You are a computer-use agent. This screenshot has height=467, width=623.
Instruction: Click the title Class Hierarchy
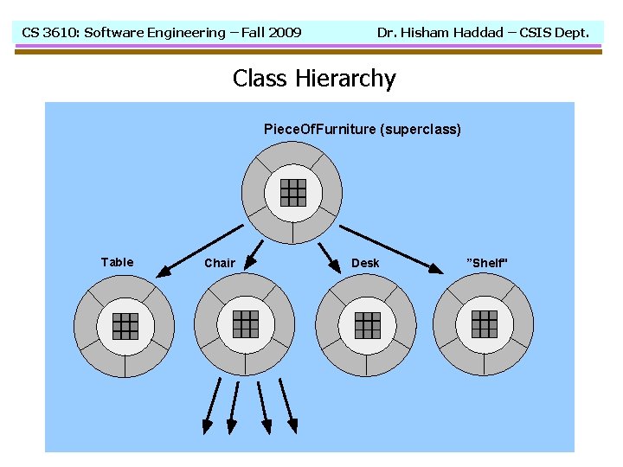314,79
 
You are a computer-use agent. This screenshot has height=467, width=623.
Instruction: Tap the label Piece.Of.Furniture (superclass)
362,130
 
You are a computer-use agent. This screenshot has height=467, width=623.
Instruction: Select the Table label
117,262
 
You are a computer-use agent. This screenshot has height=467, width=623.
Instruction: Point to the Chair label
220,263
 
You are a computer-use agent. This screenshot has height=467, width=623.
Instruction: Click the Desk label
365,263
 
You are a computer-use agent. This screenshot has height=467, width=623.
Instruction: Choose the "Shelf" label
487,263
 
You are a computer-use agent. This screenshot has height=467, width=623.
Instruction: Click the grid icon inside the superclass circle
292,191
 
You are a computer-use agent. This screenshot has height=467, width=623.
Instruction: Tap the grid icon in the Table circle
125,325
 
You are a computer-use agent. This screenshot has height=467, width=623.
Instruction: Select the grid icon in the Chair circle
246,323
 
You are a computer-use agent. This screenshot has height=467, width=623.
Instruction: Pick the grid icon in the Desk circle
368,325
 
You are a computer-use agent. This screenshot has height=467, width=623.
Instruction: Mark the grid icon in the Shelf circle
485,323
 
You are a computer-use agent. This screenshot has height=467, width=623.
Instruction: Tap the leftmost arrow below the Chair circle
210,406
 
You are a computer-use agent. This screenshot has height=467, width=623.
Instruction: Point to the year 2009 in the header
285,33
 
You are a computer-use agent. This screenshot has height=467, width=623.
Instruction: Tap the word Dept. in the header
569,33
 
